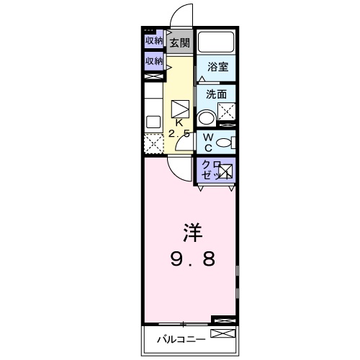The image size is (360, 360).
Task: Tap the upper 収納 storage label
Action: pos(153,40)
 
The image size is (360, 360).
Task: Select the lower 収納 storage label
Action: pos(153,61)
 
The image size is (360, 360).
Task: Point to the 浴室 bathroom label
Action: pos(218,67)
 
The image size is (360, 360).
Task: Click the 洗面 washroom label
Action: pos(216,94)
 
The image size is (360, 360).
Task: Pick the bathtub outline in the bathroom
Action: pos(217,42)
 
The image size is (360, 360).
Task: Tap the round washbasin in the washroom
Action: pos(207,118)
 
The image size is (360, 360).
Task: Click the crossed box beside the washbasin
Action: pos(228,112)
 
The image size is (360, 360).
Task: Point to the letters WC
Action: pos(207,142)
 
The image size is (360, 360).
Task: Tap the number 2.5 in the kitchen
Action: pos(179,134)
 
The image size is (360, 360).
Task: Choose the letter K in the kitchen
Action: pos(179,123)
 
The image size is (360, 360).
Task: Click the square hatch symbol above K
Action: pos(181,108)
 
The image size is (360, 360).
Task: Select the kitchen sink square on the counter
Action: pos(153,121)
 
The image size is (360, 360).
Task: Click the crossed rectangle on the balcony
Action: pos(222,334)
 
